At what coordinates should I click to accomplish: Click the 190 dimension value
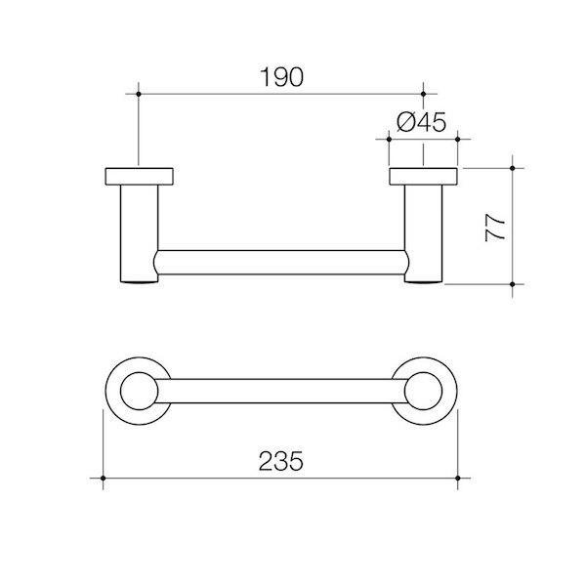(281, 76)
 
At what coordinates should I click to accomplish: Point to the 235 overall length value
(280, 459)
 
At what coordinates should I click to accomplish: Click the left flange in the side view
(140, 177)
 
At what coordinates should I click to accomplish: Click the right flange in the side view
(423, 177)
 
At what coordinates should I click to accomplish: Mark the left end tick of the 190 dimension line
(140, 94)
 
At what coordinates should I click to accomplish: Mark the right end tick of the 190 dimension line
(423, 94)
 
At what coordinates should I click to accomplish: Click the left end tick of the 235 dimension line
(104, 478)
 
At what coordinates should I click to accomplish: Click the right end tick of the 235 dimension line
(458, 478)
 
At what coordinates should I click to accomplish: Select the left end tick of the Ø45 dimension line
(389, 140)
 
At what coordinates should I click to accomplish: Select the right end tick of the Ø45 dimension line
(458, 140)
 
